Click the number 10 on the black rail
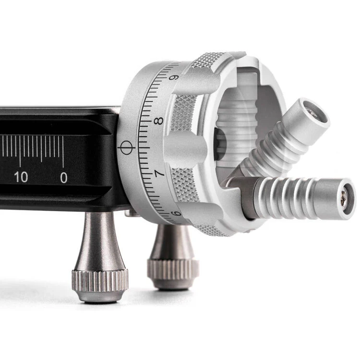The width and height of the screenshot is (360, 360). [x=21, y=177]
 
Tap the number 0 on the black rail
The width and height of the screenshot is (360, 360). [x=63, y=178]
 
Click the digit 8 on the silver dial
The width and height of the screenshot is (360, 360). [x=159, y=120]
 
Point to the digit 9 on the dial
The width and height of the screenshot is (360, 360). [x=174, y=77]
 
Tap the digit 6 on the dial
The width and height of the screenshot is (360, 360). [x=176, y=213]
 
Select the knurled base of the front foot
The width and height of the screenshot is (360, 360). [x=100, y=281]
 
